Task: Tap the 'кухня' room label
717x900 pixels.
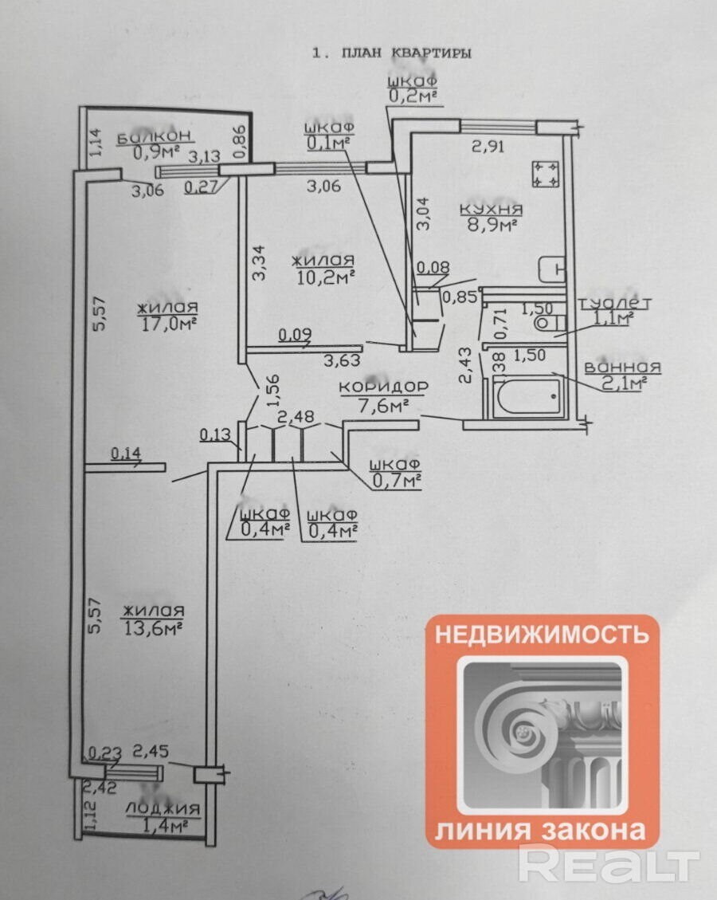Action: coord(491,209)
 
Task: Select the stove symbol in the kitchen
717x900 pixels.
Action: coord(546,175)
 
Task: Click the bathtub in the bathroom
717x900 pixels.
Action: coord(527,397)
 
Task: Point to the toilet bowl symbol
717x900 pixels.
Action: coord(549,323)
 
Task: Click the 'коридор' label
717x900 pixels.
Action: coord(383,387)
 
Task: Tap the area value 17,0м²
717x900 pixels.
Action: coord(165,324)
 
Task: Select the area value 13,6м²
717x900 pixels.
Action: coord(154,627)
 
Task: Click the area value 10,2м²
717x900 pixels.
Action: coord(323,277)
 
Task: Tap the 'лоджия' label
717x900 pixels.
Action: coord(163,809)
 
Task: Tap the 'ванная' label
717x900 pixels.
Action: coord(622,367)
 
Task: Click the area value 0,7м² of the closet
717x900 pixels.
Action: coord(396,481)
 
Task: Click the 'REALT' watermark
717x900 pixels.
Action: coord(609,864)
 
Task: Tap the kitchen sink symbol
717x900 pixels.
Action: coord(551,269)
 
